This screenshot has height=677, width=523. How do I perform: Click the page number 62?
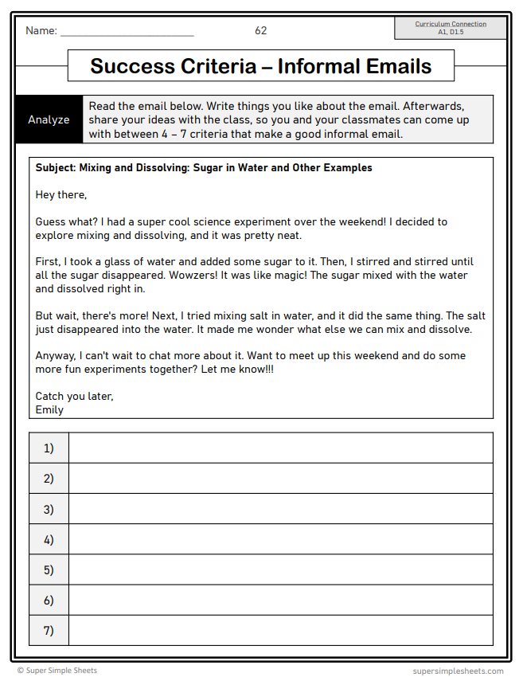(261, 31)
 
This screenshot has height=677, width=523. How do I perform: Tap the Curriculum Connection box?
(451, 28)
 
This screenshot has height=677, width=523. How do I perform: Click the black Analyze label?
(49, 119)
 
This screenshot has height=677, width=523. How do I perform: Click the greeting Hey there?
(61, 194)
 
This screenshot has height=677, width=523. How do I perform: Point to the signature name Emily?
(49, 409)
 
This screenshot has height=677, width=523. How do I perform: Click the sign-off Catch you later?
(74, 396)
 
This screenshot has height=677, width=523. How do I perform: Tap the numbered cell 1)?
(49, 448)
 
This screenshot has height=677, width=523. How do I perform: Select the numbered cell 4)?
(49, 539)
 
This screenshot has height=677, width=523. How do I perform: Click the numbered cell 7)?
(49, 631)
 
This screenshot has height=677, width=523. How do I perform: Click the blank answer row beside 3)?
(280, 509)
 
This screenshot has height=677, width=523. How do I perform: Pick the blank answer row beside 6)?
(280, 601)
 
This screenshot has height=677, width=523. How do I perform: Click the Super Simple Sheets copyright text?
(57, 671)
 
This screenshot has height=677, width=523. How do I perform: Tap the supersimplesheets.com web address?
(458, 671)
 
